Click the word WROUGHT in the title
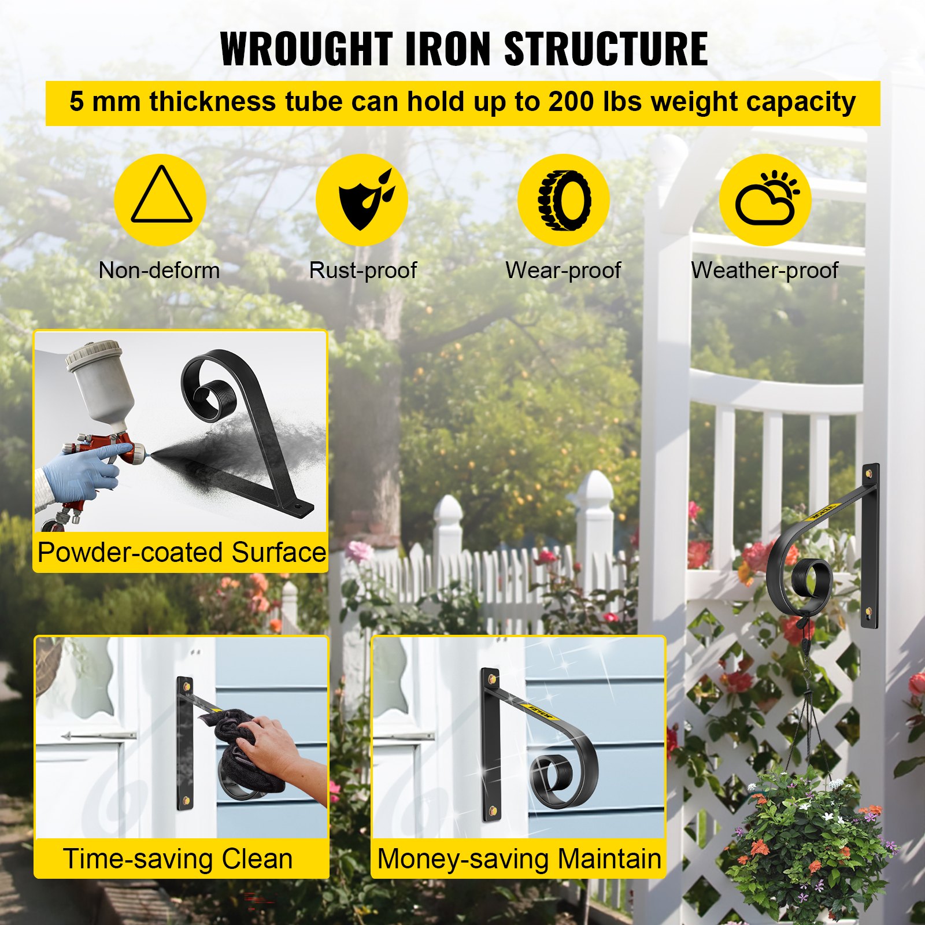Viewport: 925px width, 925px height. pos(306,49)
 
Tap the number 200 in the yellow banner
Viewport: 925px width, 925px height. pos(571,102)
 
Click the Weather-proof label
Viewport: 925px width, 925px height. pos(765,270)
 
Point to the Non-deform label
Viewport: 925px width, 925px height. pos(160,270)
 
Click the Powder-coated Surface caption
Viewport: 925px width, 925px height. pos(182,552)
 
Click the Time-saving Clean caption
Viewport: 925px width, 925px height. pos(178,859)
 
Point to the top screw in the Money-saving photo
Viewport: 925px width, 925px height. pos(492,676)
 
